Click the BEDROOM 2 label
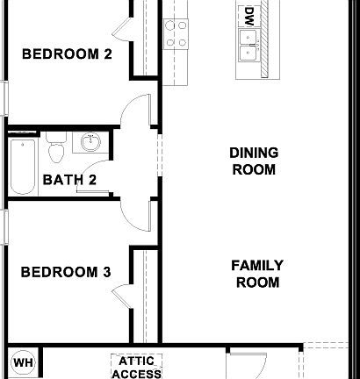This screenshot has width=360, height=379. click(x=66, y=54)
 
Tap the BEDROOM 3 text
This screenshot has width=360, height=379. click(x=66, y=272)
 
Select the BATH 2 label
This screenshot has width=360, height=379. click(x=69, y=181)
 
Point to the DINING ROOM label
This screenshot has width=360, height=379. click(x=253, y=161)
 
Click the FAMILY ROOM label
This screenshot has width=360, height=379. click(x=256, y=274)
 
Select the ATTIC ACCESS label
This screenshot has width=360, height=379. click(x=136, y=367)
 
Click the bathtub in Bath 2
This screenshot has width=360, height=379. click(x=22, y=167)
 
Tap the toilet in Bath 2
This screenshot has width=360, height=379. click(x=57, y=149)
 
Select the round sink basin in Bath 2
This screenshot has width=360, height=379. click(x=88, y=142)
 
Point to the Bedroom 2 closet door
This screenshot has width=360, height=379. click(x=123, y=25)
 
